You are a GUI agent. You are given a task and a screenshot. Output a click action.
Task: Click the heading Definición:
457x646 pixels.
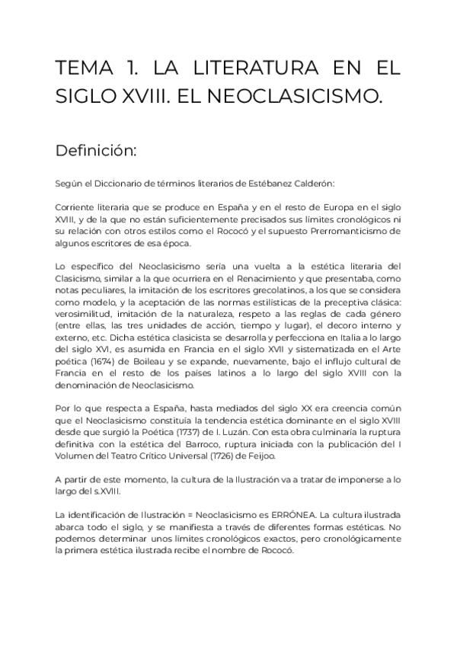[95, 150]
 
